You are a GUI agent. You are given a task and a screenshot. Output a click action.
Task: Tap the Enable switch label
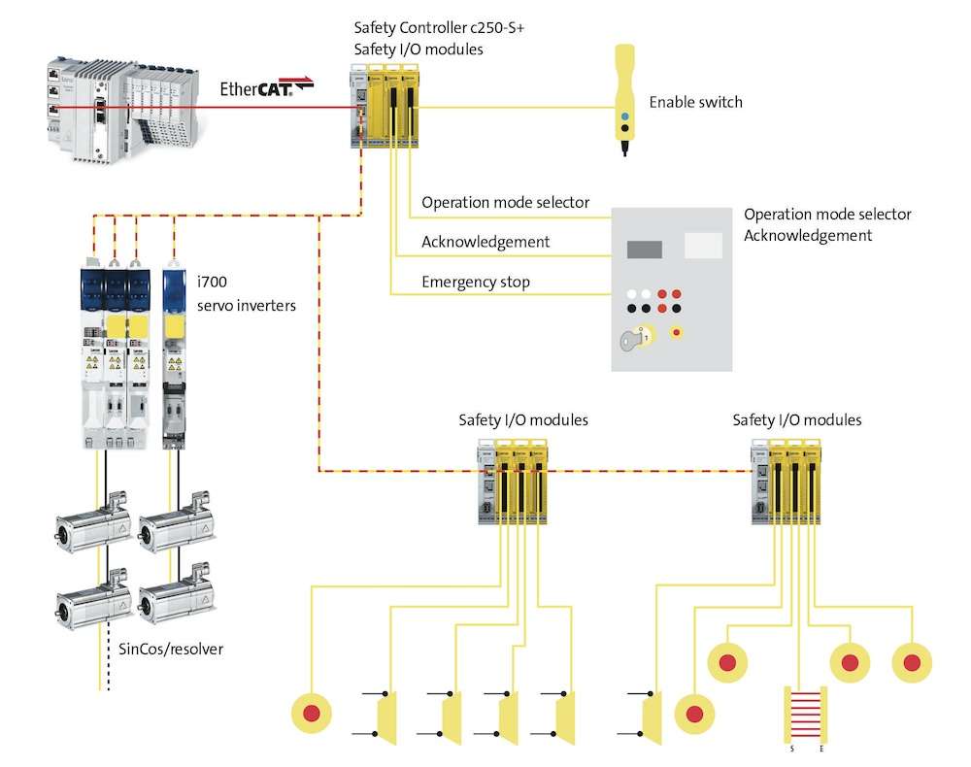pyautogui.click(x=695, y=102)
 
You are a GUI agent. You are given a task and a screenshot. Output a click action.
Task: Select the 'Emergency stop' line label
pyautogui.click(x=476, y=283)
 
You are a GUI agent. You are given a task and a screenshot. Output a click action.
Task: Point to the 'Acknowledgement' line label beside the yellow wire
pyautogui.click(x=485, y=242)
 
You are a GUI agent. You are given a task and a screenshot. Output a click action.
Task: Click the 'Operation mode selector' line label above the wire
pyautogui.click(x=505, y=203)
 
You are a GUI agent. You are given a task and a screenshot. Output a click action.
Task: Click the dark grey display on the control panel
pyautogui.click(x=645, y=249)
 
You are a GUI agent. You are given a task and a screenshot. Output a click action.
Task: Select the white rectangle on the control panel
pyautogui.click(x=703, y=246)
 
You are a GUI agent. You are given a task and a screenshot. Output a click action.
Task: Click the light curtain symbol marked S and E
pyautogui.click(x=802, y=716)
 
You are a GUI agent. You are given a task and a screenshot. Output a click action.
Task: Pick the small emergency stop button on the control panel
pyautogui.click(x=678, y=333)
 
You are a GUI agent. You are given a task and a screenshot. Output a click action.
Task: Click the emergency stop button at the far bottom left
pyautogui.click(x=312, y=714)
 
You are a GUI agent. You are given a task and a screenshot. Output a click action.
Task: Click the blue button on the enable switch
pyautogui.click(x=624, y=113)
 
